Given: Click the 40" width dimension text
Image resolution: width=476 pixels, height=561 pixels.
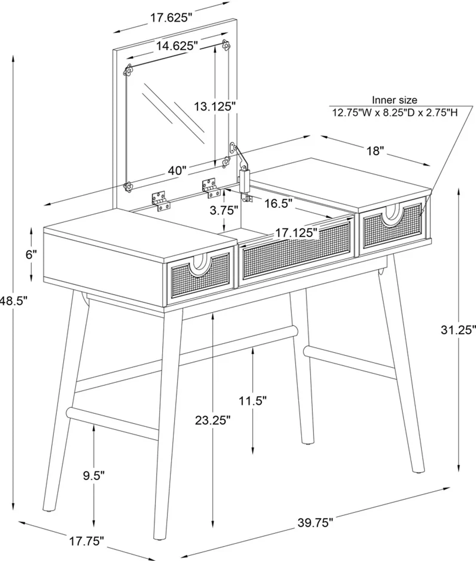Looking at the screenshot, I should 177,171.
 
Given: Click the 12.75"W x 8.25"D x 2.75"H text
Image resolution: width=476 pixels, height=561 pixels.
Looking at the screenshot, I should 395,113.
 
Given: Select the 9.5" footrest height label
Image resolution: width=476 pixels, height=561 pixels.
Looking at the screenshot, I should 94,476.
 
